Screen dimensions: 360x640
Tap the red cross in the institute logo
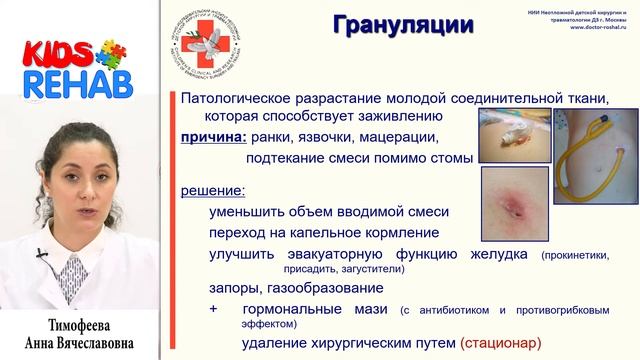tap(227, 44)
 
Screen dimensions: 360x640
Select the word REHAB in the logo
tap(68, 84)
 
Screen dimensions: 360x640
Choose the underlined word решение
tap(212, 190)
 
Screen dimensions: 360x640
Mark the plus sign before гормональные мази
tap(214, 310)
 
